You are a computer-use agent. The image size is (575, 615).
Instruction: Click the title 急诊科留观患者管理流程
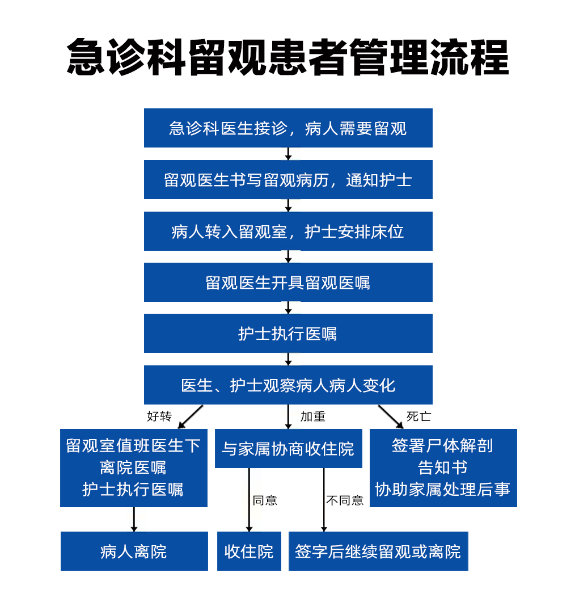pyautogui.click(x=287, y=57)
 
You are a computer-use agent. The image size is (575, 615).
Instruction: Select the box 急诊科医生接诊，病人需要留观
pyautogui.click(x=288, y=128)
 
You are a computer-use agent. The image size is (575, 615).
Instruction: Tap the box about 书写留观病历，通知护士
pyautogui.click(x=288, y=180)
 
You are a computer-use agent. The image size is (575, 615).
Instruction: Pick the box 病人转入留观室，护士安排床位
pyautogui.click(x=288, y=231)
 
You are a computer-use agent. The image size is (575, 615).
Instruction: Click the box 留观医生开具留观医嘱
pyautogui.click(x=288, y=283)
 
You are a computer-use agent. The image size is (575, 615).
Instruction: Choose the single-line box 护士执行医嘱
pyautogui.click(x=288, y=334)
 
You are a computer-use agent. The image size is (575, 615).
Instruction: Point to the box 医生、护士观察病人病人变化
pyautogui.click(x=288, y=385)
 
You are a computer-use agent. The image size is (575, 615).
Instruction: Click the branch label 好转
pyautogui.click(x=159, y=416)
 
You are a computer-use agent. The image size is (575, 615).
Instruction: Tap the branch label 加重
pyautogui.click(x=313, y=416)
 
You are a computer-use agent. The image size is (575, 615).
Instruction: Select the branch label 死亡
pyautogui.click(x=418, y=416)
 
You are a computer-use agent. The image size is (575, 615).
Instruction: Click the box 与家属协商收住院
pyautogui.click(x=289, y=448)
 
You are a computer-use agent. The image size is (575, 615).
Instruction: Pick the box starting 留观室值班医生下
pyautogui.click(x=134, y=468)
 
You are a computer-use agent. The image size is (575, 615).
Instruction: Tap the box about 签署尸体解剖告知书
pyautogui.click(x=443, y=468)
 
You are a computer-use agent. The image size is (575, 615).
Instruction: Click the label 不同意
pyautogui.click(x=345, y=500)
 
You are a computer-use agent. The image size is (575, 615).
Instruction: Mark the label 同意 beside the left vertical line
pyautogui.click(x=265, y=500)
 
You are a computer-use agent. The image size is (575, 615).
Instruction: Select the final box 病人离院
pyautogui.click(x=134, y=551)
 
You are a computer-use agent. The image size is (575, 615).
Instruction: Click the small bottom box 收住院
pyautogui.click(x=249, y=551)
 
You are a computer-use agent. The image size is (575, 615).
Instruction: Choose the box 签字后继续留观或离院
pyautogui.click(x=378, y=551)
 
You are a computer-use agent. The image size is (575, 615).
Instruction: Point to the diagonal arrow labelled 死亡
pyautogui.click(x=391, y=416)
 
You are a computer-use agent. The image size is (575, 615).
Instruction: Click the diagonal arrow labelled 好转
pyautogui.click(x=191, y=416)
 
